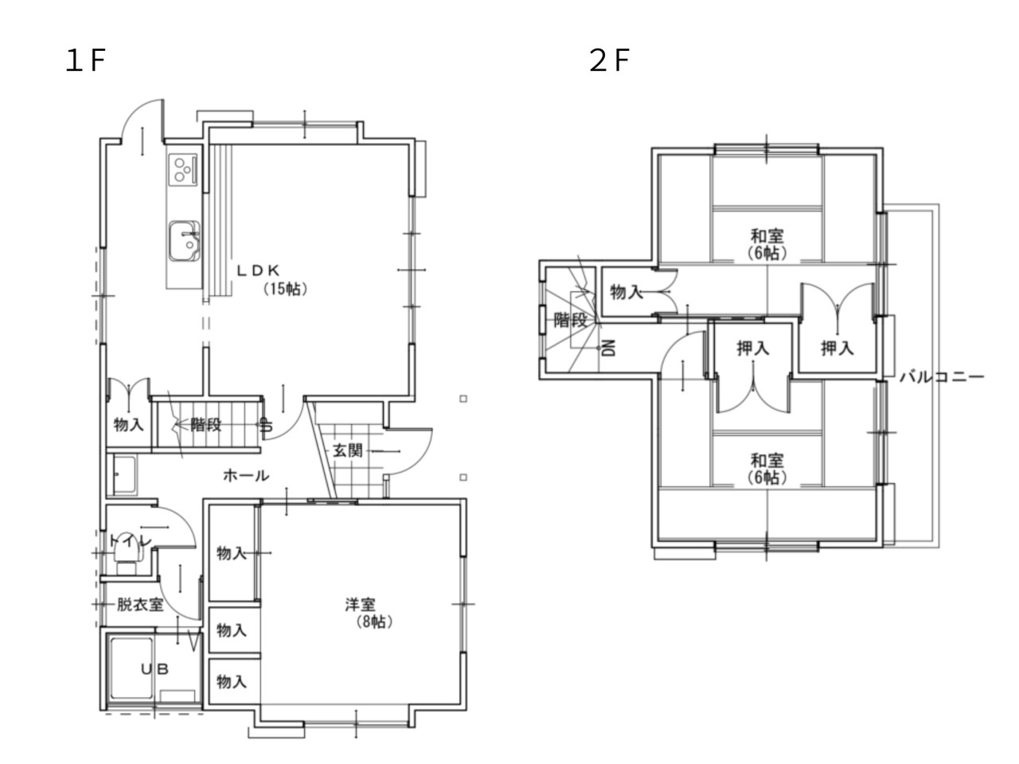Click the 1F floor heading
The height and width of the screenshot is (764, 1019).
click(x=86, y=60)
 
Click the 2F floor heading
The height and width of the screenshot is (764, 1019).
click(x=609, y=60)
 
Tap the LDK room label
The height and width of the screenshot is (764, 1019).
click(x=258, y=271)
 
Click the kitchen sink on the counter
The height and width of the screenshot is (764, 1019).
click(x=185, y=241)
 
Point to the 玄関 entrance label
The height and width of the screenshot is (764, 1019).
click(x=348, y=450)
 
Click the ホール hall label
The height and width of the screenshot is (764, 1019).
click(x=246, y=475)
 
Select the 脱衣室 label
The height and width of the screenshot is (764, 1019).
click(x=140, y=605)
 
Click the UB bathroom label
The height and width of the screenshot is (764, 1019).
click(x=154, y=669)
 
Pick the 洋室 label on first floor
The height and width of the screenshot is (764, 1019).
click(x=361, y=604)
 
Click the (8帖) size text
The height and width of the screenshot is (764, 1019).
click(x=374, y=622)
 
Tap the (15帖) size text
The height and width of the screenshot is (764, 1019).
click(x=285, y=289)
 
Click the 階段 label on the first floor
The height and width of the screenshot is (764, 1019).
click(x=206, y=424)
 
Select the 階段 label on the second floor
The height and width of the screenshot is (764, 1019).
click(x=571, y=320)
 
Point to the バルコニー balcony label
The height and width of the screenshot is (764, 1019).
click(x=942, y=376)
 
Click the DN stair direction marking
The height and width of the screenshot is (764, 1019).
click(x=609, y=348)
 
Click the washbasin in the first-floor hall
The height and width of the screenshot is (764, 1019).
click(x=125, y=475)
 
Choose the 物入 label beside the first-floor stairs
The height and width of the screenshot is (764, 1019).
click(x=129, y=424)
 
